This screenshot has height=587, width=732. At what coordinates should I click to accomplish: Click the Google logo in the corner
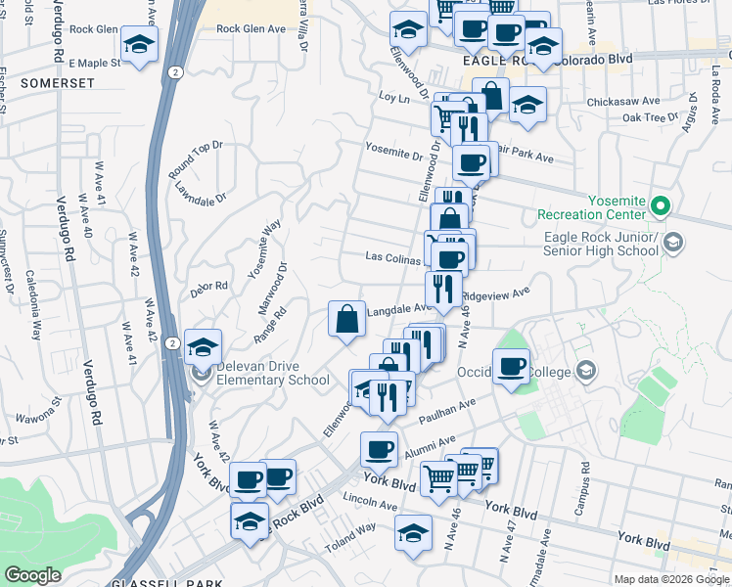(32, 575)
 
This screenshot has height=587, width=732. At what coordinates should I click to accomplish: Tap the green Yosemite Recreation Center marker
(661, 206)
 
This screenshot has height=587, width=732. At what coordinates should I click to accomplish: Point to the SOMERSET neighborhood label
(56, 84)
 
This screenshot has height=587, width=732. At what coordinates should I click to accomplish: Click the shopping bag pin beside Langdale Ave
(347, 319)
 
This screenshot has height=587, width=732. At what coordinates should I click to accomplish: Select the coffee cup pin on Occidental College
(510, 367)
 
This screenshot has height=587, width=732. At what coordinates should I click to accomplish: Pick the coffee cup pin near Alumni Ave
(379, 450)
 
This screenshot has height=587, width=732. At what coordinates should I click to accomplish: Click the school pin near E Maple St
(140, 45)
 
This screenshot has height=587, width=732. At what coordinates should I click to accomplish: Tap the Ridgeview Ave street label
(495, 292)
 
